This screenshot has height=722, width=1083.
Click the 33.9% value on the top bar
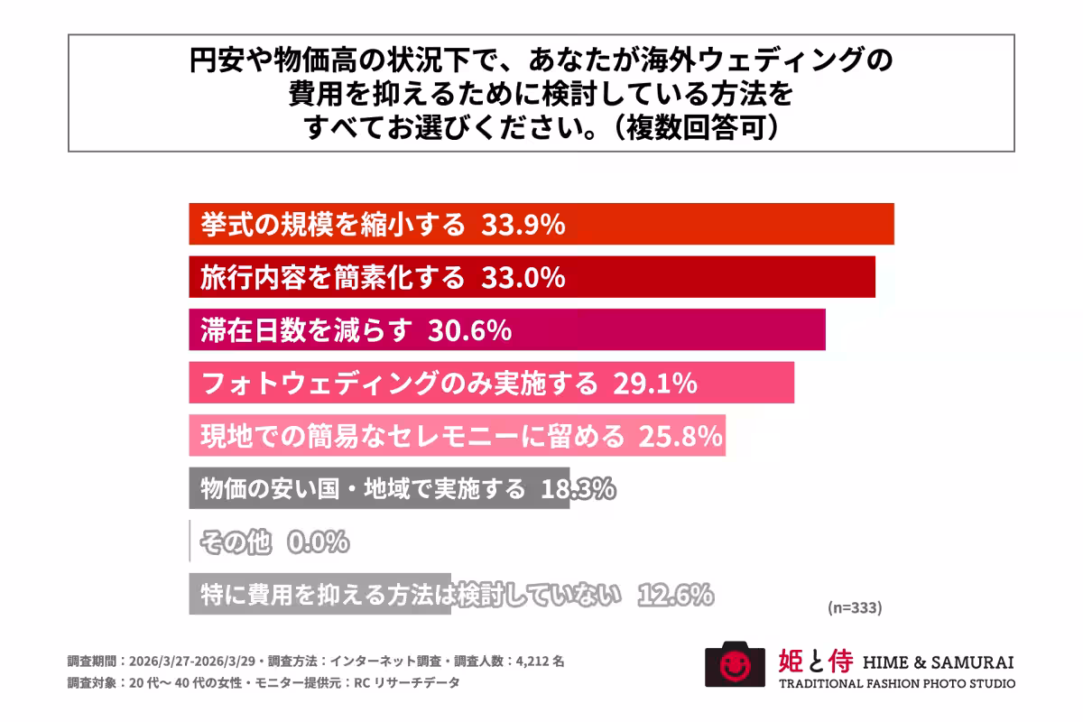523,225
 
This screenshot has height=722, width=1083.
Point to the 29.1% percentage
654,384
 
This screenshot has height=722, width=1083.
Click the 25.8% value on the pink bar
680,437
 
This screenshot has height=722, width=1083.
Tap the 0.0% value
318,542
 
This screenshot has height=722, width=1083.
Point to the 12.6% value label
676,595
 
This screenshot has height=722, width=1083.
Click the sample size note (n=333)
854,607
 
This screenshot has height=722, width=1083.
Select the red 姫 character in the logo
790,662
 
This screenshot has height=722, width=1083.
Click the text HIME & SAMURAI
938,662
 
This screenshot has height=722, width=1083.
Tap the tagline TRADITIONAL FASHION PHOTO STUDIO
896,683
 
